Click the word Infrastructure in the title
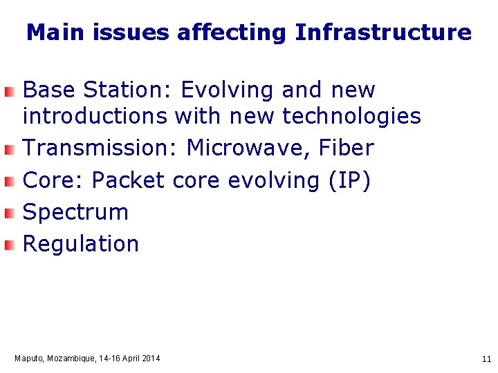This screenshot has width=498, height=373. pos(383,32)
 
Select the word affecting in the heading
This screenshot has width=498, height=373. pos(231,32)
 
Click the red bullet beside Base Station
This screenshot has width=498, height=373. pos(8,91)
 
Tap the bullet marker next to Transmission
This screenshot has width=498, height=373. pos(8,149)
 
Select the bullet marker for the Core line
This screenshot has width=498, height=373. pos(8,182)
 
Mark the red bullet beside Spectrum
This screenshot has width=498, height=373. pos(8,213)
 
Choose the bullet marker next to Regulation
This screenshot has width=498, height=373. pos(8,245)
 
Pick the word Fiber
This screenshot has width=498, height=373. pos(347,148)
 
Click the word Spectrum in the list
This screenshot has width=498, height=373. pos(76,212)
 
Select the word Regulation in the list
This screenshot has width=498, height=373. pos(81,244)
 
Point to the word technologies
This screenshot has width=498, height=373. pos(351,117)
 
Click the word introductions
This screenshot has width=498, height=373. pos(95,117)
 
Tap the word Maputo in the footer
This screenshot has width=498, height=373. pos(29,358)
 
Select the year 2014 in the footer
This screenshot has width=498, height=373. pos(150,358)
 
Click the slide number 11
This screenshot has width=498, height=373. pos(486,359)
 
